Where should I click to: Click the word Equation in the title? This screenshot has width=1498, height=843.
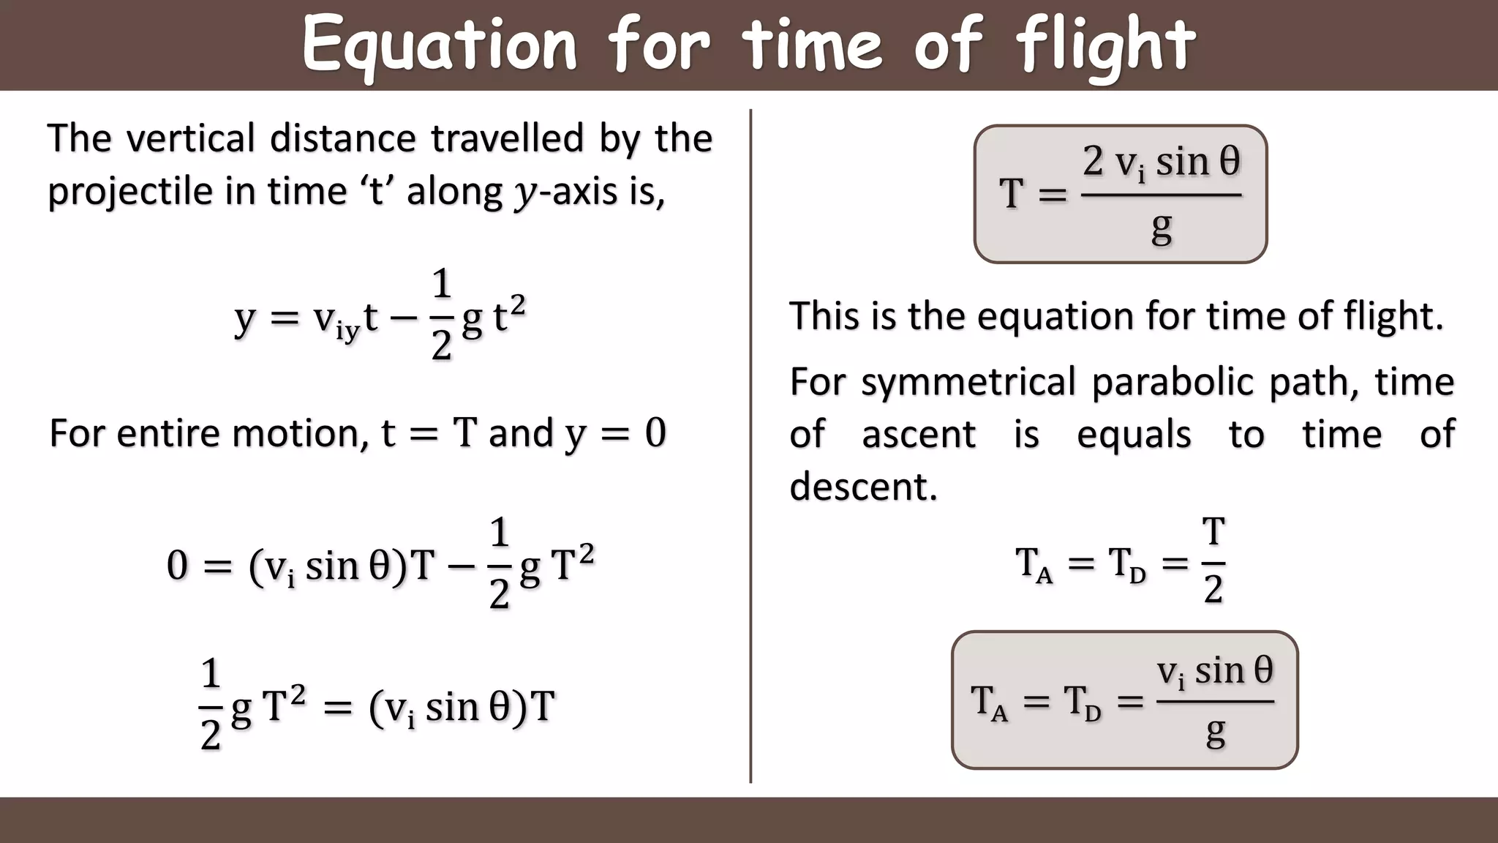coord(440,46)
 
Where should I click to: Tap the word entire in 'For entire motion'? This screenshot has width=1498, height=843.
coord(169,433)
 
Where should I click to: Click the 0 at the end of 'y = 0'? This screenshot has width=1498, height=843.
coord(655,433)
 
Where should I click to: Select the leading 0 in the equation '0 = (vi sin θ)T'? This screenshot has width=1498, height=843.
coord(177,566)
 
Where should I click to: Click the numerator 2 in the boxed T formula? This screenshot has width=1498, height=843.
coord(1093,161)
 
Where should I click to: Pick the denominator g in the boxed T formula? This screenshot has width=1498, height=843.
coord(1161,228)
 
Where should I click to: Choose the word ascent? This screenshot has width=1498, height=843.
coord(919,435)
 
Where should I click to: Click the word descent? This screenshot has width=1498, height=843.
coord(863,487)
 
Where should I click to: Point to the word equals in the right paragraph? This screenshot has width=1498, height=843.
coord(1134,435)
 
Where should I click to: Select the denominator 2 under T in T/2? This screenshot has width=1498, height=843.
coord(1213,589)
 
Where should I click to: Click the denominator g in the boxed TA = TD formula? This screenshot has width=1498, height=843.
coord(1215,732)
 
